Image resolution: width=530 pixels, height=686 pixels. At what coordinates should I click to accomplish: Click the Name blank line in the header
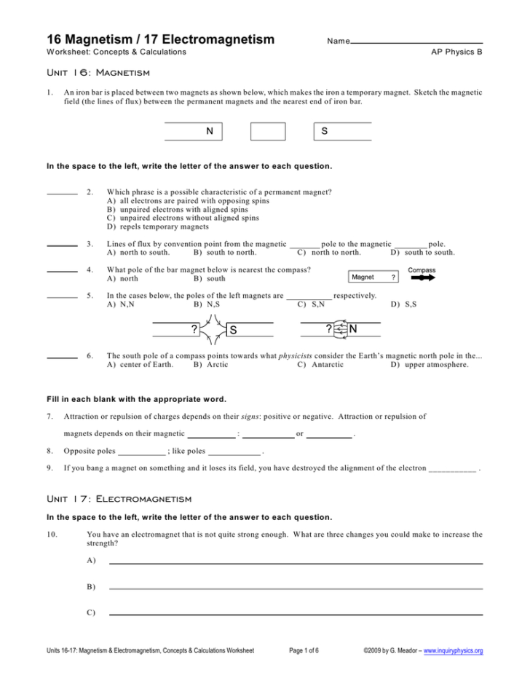pos(416,42)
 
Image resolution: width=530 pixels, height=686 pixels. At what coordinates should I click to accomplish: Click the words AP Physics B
pos(456,52)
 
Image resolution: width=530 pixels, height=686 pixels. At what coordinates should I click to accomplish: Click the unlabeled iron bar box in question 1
pos(268,131)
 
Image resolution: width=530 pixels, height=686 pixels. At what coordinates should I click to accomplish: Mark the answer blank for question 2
pos(62,194)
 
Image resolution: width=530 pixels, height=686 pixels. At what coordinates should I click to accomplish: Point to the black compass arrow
pos(422,277)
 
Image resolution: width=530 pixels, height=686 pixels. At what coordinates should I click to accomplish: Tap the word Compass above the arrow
pos(422,269)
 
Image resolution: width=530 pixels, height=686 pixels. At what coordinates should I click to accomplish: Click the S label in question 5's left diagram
pos(233,330)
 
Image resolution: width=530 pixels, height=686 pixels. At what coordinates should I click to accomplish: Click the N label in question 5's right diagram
pos(353,329)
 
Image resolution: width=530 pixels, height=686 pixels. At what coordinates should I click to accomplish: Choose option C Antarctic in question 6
pos(320,365)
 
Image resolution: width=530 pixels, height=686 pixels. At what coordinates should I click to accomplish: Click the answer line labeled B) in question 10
pos(296,588)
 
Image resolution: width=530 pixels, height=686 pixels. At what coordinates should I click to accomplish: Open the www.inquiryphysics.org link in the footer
pos(453,650)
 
